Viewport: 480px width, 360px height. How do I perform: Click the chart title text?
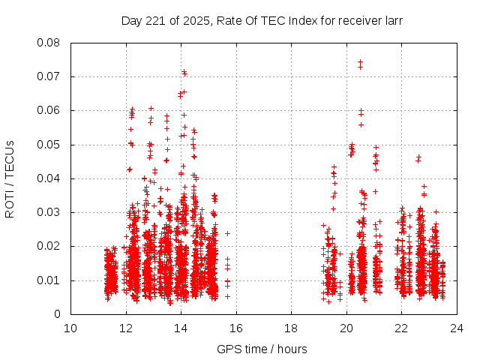click(262, 21)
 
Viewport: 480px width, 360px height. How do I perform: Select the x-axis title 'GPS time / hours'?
click(262, 349)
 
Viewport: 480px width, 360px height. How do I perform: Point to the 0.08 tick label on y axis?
click(49, 43)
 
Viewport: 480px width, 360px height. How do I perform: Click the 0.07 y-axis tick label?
click(49, 76)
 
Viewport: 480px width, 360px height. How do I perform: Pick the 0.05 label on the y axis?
click(49, 145)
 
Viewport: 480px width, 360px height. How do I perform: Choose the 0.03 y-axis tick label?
click(49, 212)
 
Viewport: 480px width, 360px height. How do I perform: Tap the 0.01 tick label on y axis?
click(49, 280)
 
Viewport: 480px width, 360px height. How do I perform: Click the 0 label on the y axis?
click(58, 314)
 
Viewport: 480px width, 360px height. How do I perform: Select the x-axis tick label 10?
click(70, 328)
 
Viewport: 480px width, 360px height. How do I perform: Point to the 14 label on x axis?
click(181, 328)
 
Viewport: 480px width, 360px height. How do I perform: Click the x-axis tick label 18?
click(291, 328)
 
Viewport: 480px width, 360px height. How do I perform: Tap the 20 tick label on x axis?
click(346, 328)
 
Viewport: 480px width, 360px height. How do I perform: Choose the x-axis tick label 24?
click(457, 328)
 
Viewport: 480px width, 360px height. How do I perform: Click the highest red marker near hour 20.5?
click(361, 62)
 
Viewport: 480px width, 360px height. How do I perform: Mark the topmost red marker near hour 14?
click(184, 72)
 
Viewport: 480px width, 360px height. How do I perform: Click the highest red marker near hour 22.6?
click(418, 157)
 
